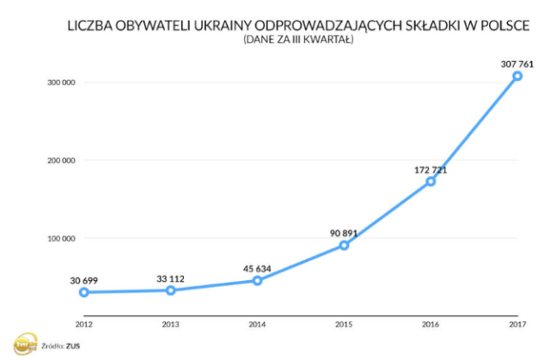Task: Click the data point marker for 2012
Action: pos(84,292)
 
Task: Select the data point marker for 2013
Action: pos(171,290)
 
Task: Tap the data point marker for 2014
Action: pos(257,281)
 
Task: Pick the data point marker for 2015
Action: pos(344,245)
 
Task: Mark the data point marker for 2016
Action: pos(431,181)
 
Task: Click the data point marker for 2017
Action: pos(517,76)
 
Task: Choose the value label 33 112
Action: pos(170,278)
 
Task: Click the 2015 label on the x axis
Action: pos(344,324)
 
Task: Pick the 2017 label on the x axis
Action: pos(517,324)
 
